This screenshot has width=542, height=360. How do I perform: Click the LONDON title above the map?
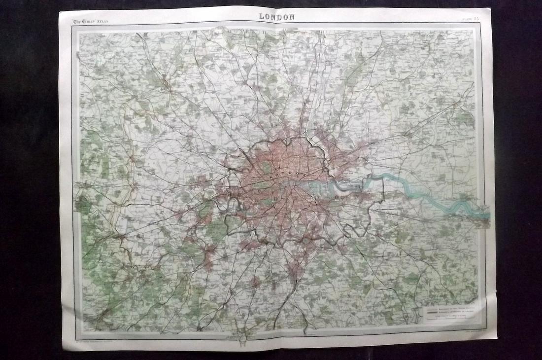tap(277, 16)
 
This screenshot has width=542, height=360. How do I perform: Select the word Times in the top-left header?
tap(85, 21)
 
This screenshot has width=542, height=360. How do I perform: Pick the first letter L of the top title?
tap(262, 16)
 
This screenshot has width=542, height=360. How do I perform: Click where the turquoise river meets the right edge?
tap(488, 216)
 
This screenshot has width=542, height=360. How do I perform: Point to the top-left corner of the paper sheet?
tap(60, 12)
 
